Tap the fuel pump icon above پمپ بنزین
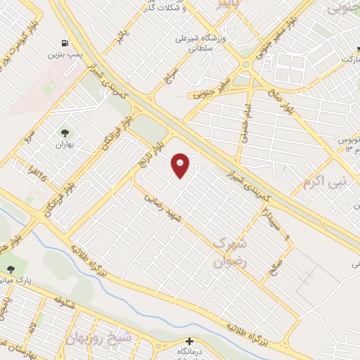[x=65, y=43]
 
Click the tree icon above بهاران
[x=65, y=132]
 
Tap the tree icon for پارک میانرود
[x=10, y=269]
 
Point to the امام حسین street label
[x=246, y=112]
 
